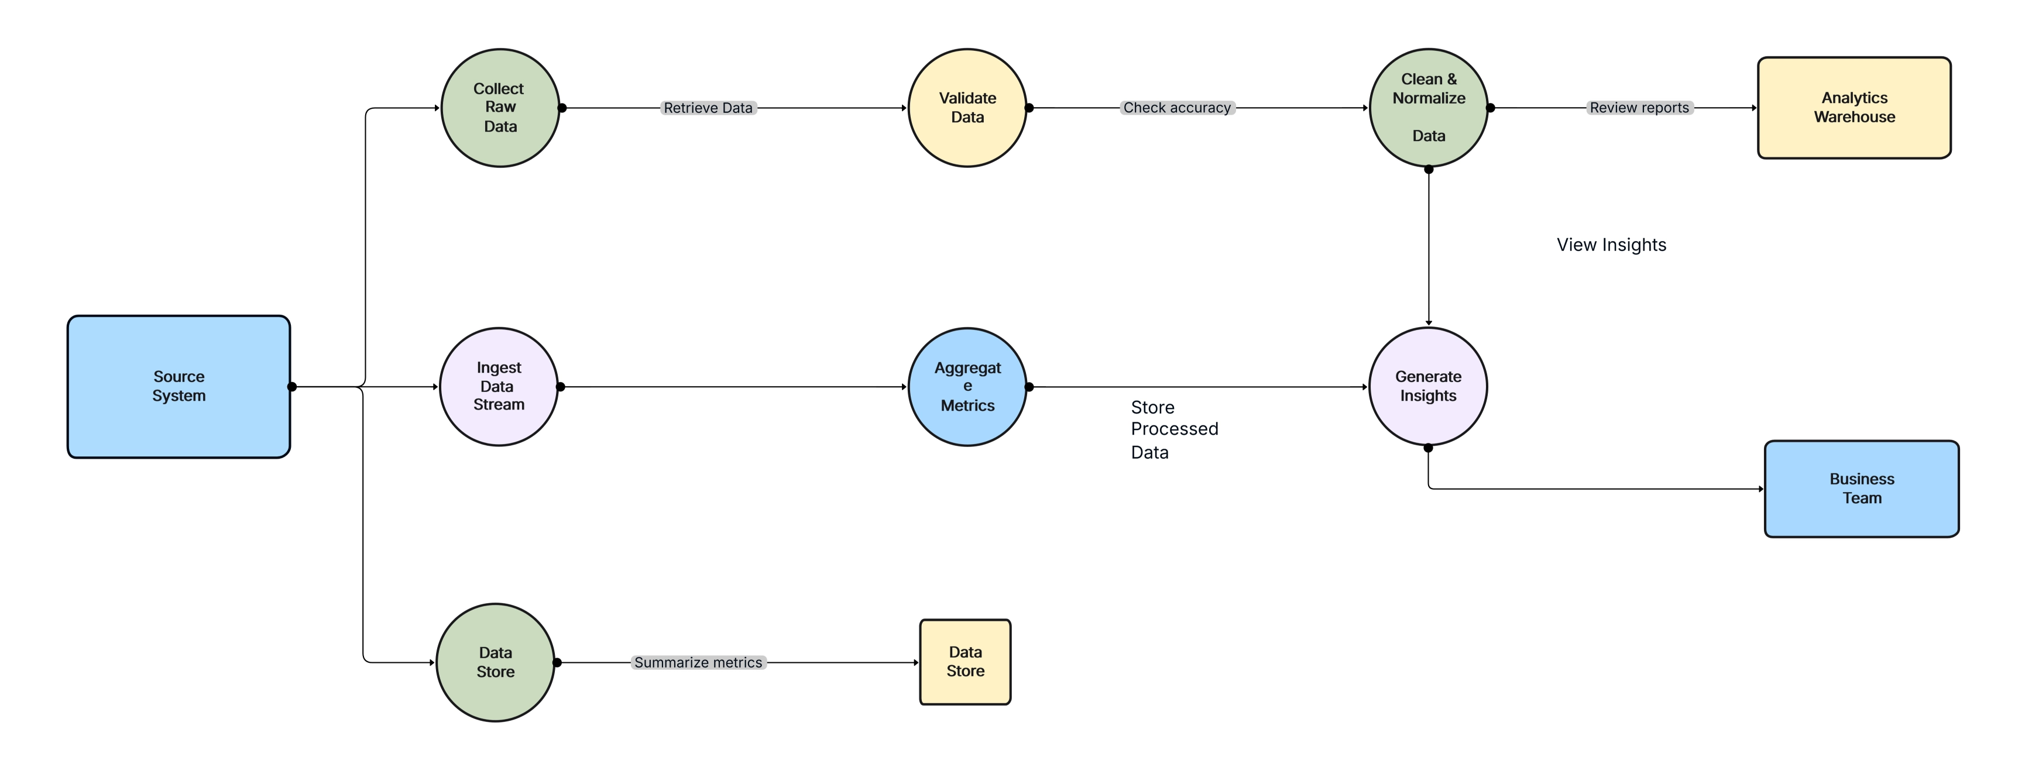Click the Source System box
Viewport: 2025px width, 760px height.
[179, 386]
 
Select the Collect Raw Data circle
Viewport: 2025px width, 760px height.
[499, 108]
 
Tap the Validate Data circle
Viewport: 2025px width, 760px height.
[967, 108]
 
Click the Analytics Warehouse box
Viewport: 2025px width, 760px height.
[1854, 108]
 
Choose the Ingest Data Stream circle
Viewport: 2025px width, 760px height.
[499, 386]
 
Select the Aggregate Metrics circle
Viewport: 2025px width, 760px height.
[967, 386]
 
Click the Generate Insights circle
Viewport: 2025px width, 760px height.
[1427, 386]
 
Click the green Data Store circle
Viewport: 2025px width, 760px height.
[495, 662]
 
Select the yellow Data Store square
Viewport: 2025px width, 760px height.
[965, 661]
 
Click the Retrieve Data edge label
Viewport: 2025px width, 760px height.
[708, 108]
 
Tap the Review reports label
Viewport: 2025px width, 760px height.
[1639, 108]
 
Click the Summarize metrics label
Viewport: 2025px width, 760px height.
[698, 662]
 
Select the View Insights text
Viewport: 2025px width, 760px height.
[1611, 245]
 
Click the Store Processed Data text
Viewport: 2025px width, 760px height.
[1173, 429]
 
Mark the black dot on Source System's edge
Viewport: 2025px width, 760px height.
[291, 386]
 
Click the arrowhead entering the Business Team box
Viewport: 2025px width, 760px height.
[1761, 489]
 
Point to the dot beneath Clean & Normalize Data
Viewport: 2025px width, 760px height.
[1429, 169]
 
